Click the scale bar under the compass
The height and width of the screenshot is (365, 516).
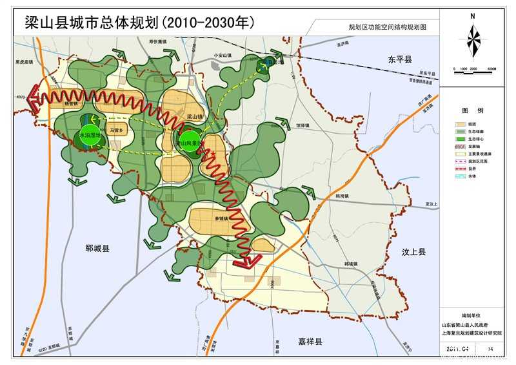click(x=473, y=68)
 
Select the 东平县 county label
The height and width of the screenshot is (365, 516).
click(x=399, y=59)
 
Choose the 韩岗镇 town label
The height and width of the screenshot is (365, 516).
click(x=344, y=195)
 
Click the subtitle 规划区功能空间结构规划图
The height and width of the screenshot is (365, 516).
click(x=383, y=28)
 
